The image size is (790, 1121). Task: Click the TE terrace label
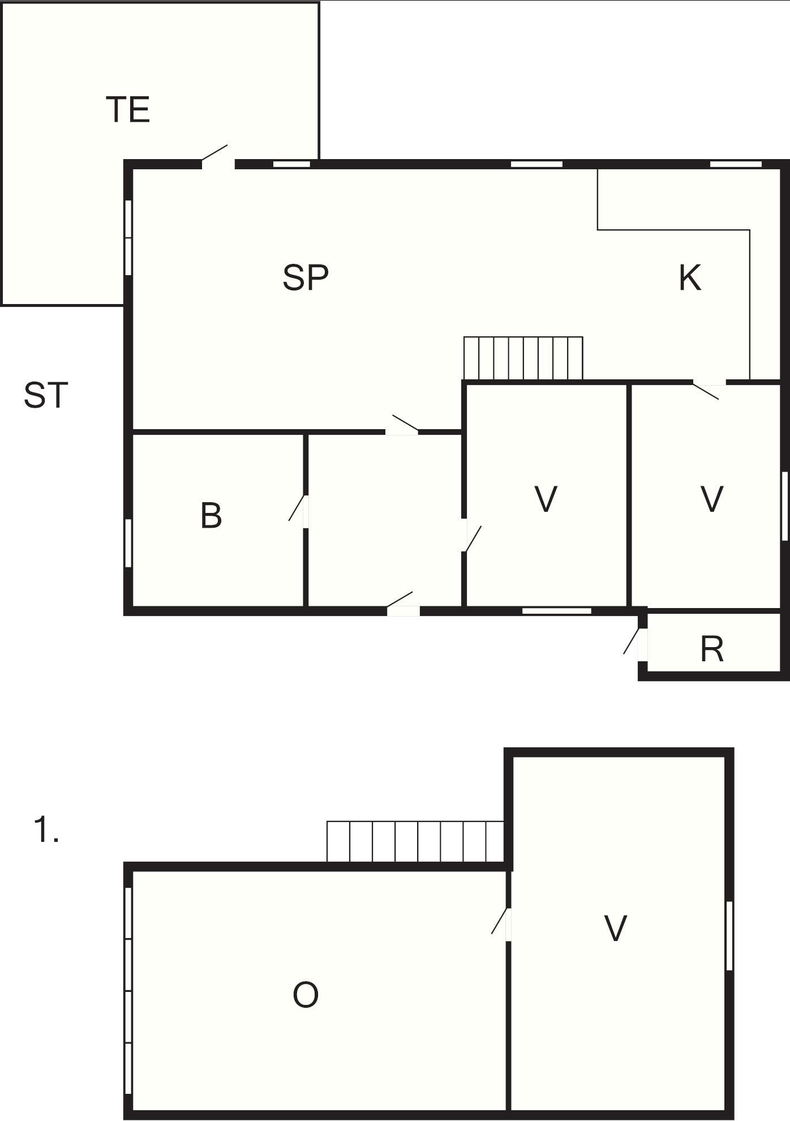[128, 109]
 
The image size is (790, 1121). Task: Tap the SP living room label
[306, 277]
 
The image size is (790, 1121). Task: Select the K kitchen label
[690, 277]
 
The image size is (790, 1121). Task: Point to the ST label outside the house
[46, 395]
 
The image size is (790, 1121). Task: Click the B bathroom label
[211, 516]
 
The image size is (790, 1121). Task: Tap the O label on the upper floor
[306, 995]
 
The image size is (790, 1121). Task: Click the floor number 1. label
[46, 830]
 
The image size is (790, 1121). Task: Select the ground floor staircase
[523, 358]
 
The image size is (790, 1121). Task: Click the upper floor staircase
[415, 841]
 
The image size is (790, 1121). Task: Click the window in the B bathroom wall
[128, 543]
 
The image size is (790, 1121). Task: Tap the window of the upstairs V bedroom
[729, 936]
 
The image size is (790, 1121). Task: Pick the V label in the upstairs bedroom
[616, 929]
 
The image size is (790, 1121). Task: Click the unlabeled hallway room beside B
[385, 521]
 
